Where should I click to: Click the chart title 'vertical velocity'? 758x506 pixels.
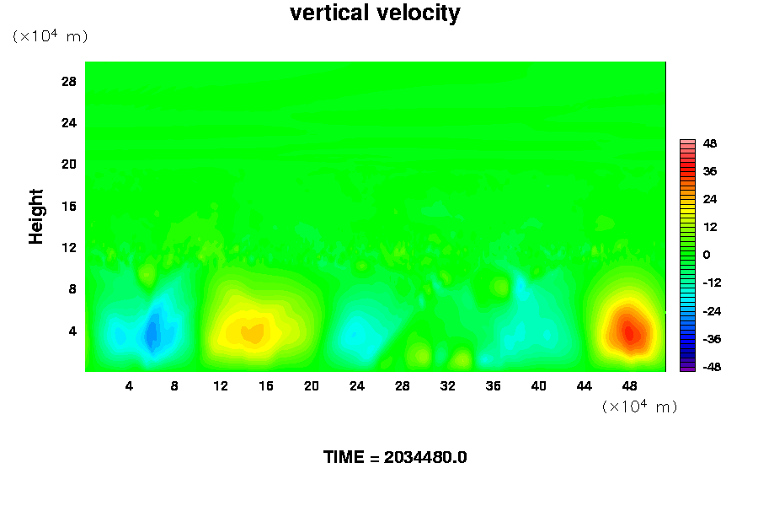coord(375,13)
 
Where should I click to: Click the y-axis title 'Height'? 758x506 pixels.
coord(35,217)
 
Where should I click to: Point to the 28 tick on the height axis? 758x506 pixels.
coord(69,81)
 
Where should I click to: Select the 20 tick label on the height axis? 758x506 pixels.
coord(69,164)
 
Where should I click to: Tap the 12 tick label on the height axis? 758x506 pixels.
coord(69,247)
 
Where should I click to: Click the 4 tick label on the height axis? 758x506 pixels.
coord(72,331)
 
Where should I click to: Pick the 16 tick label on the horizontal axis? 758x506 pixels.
coord(266,386)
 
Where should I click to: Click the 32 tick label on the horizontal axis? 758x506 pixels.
coord(448,386)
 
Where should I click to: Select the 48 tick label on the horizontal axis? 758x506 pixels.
coord(629,386)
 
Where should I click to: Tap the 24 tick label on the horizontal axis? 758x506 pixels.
coord(357,386)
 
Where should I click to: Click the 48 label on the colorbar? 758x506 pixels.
coord(710,143)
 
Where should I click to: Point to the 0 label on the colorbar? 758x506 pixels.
coord(707,255)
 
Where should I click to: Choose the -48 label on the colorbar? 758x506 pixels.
coord(712,367)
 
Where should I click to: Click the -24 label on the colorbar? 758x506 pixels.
coord(712,311)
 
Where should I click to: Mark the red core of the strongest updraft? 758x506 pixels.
coord(629,333)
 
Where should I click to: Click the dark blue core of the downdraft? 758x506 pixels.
coord(152,331)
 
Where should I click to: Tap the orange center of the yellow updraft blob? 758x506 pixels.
coord(253,333)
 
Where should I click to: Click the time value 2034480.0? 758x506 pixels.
coord(425,457)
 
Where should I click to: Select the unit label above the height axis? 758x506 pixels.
coord(51,35)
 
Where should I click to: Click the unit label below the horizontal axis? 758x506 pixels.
coord(639,406)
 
